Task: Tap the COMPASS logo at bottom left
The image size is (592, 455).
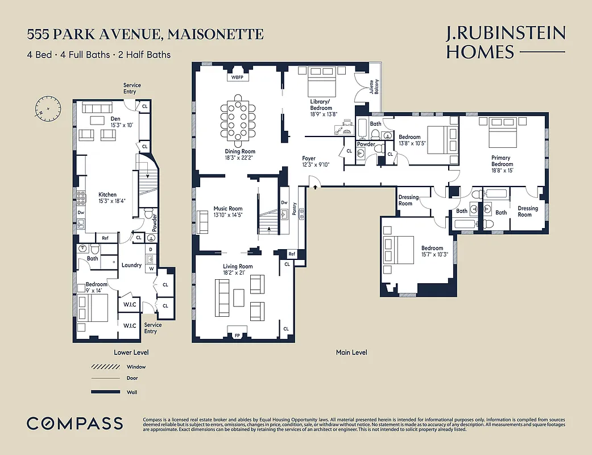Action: tap(74, 423)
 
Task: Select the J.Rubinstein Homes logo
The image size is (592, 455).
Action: tap(506, 43)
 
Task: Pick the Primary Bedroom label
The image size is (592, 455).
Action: tap(501, 161)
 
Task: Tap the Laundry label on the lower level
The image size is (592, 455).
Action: tap(132, 265)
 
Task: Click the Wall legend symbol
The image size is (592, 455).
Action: tap(105, 392)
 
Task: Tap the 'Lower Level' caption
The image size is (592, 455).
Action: tap(131, 353)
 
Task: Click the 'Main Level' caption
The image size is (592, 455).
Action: tap(351, 353)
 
